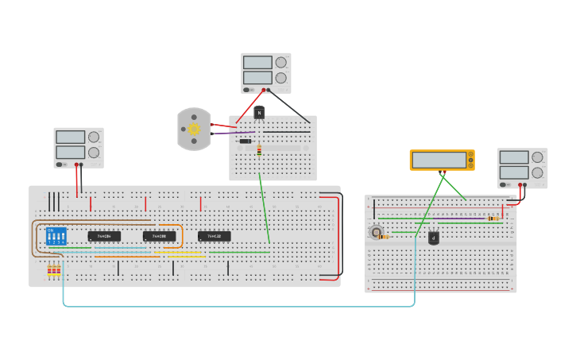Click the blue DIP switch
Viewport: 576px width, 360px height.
point(56,236)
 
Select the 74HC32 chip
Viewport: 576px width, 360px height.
point(214,236)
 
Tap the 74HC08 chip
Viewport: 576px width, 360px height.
point(159,236)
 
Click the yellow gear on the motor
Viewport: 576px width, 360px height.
point(194,128)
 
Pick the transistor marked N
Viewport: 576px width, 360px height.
point(259,112)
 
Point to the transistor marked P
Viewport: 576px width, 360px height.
point(433,237)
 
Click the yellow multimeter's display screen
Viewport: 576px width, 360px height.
point(439,160)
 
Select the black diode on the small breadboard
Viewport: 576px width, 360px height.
point(245,141)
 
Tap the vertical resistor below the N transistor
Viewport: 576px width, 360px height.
point(259,149)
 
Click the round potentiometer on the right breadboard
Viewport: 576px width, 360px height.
point(375,232)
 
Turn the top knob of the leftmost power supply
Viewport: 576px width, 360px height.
point(94,137)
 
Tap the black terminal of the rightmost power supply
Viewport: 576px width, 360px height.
point(524,185)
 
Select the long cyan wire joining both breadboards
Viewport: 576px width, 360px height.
point(238,306)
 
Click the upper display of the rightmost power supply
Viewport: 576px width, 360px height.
point(513,157)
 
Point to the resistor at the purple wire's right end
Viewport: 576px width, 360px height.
point(494,218)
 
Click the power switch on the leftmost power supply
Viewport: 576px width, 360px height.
point(60,165)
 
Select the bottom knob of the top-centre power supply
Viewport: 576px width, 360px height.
point(280,78)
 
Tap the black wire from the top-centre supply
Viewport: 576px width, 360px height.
point(289,106)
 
